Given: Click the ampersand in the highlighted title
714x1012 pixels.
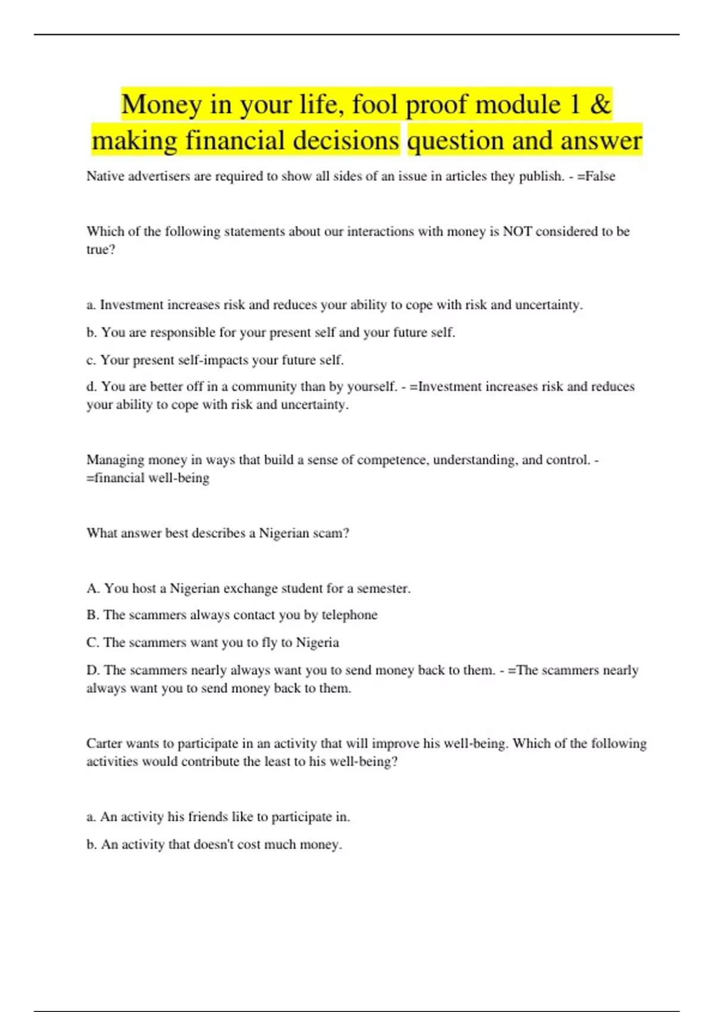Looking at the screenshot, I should pos(600,105).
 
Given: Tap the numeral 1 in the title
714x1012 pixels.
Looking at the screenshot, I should pos(574,105).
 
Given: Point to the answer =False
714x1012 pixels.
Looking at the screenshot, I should pos(596,176).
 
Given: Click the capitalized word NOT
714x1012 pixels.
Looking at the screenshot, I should pos(518,232).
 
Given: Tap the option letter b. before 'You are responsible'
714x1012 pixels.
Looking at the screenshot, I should pos(92,332).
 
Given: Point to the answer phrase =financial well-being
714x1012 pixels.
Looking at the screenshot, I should pos(148,478).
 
